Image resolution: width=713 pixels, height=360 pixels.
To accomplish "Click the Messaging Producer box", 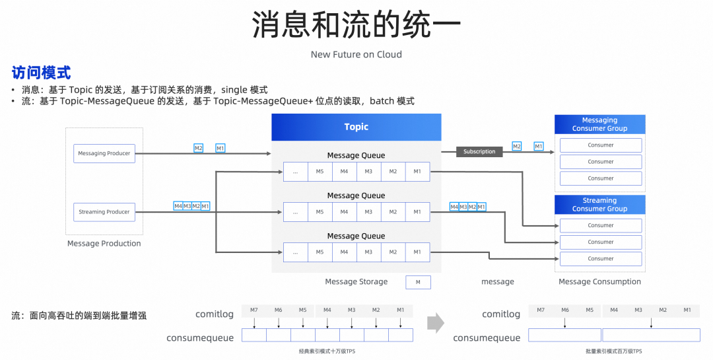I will click(104, 153).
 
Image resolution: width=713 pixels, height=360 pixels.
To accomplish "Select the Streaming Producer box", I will click(104, 212).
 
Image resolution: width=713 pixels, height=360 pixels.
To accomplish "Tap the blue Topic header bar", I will click(356, 127).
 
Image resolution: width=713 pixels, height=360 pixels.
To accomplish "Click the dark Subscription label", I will click(479, 152).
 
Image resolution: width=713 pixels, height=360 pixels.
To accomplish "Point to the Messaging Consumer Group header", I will click(599, 124).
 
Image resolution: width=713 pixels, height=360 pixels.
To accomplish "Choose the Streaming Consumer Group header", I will click(599, 204).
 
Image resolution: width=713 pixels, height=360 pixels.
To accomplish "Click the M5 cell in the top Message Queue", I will click(320, 172).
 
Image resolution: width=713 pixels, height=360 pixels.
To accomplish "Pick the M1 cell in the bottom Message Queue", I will click(417, 252).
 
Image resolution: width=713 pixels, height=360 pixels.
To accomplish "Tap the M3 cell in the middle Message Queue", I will click(368, 211).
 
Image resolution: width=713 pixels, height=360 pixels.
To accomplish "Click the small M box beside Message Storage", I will click(418, 282).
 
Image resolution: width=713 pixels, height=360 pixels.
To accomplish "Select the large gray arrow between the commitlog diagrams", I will click(436, 323).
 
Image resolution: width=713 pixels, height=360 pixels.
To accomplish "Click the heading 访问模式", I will click(41, 73).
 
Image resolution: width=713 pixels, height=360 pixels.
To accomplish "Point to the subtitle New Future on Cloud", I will click(356, 54).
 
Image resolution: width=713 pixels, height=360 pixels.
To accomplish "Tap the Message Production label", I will click(104, 244).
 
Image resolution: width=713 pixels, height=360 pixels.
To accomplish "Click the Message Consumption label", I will click(599, 282).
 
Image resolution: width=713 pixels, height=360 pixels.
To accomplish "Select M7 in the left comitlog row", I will click(254, 310).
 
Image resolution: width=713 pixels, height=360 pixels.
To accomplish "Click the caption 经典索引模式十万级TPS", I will click(327, 351).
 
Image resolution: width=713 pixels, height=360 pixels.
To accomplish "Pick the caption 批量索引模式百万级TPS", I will click(613, 351).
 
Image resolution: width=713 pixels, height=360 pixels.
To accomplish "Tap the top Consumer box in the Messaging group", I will click(601, 145).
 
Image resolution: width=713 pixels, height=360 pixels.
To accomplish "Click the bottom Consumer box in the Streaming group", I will click(601, 259).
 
